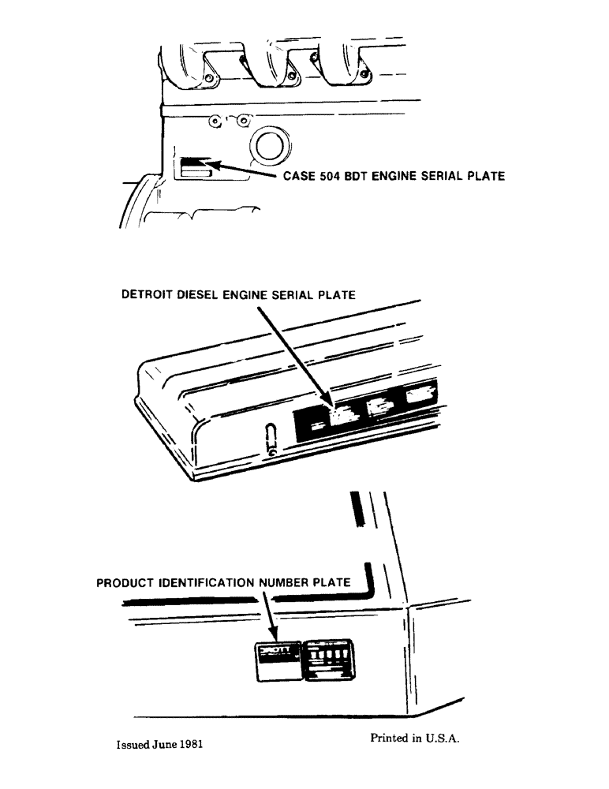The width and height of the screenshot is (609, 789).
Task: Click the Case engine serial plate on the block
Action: point(195,167)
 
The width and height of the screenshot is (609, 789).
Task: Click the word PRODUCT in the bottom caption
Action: point(125,583)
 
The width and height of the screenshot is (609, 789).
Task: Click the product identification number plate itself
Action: point(276,659)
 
